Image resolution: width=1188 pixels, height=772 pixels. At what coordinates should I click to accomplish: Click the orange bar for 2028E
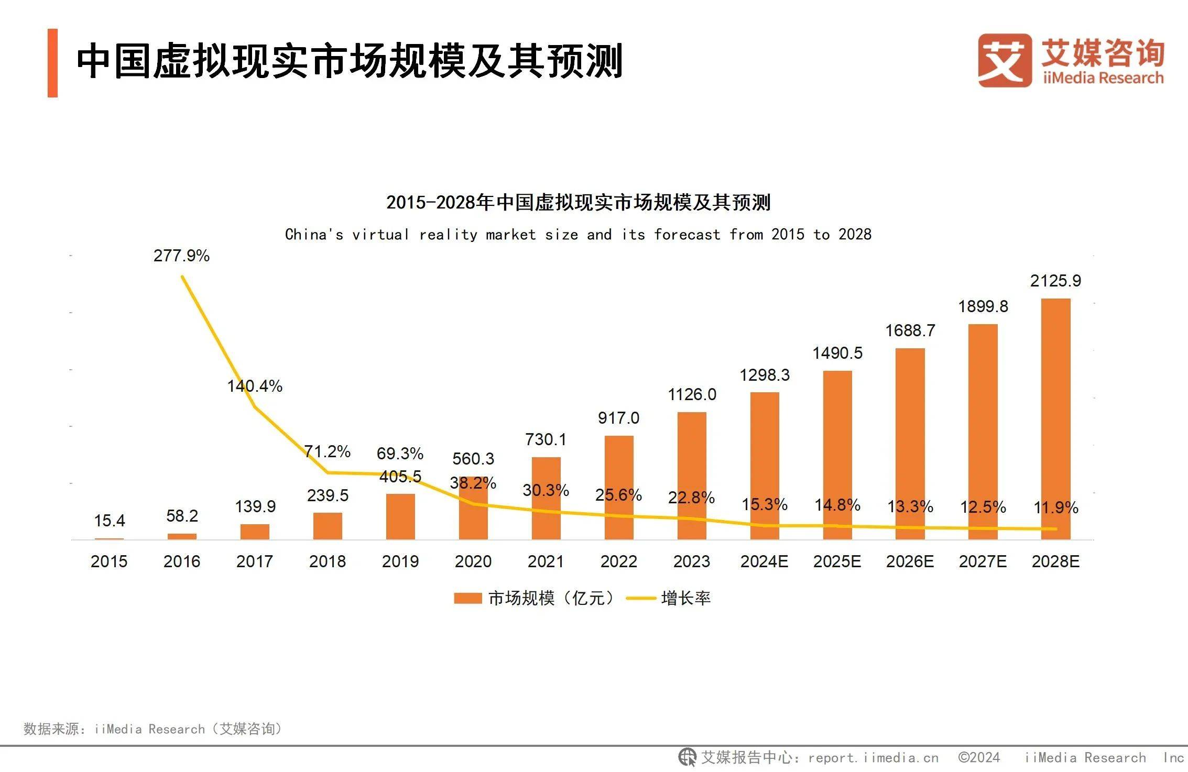pos(1055,419)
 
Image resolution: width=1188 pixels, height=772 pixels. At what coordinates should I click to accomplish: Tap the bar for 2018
pos(328,526)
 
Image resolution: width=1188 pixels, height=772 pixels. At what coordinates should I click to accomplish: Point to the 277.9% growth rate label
pos(181,256)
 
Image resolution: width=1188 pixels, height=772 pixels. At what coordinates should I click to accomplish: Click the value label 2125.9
pos(1055,281)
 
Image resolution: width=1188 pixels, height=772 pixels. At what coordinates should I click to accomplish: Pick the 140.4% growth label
pos(255,386)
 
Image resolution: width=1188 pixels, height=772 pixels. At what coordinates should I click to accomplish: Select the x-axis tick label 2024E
pos(764,561)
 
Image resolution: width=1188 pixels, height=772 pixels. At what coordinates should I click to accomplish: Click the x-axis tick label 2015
pos(109,561)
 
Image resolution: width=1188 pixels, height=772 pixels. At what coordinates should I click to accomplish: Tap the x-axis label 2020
pos(473,561)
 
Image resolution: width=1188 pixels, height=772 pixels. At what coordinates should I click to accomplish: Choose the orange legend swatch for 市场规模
pos(467,598)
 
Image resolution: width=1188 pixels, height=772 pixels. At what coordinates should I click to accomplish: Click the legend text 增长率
pos(685,598)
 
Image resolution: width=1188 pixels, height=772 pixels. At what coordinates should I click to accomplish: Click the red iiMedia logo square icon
pos(1004,60)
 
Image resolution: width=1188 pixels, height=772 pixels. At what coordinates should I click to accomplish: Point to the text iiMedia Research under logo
pos(1103,78)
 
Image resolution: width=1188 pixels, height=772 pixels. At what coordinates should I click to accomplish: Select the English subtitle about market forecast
pos(578,234)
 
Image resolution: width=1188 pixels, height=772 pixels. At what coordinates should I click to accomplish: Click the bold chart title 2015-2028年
pos(578,202)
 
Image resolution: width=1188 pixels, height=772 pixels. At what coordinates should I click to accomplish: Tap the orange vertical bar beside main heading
pos(52,63)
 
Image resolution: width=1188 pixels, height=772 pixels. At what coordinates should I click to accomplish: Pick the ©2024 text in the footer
pos(979,757)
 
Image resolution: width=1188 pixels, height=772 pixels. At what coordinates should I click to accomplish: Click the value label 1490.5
pos(837,353)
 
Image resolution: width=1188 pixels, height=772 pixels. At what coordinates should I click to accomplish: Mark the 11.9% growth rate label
pos(1055,508)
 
